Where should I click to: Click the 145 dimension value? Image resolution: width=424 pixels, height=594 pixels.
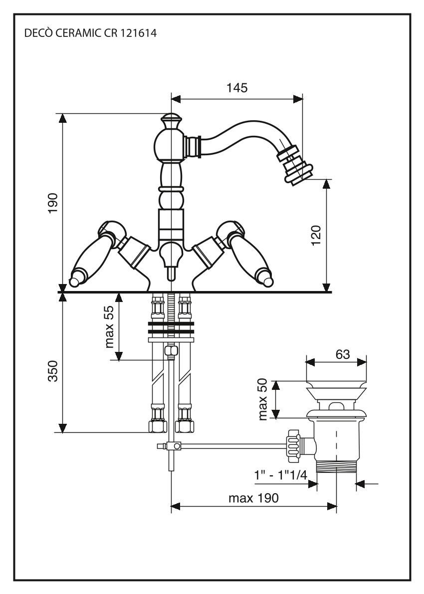[236, 88]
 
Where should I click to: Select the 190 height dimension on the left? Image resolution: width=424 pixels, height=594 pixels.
[53, 203]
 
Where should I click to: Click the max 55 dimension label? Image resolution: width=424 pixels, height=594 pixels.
[109, 327]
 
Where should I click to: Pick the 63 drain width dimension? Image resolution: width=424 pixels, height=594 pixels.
[342, 354]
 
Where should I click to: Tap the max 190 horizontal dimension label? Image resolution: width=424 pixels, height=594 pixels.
[253, 498]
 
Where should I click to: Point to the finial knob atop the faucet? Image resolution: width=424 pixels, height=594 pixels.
[171, 120]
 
